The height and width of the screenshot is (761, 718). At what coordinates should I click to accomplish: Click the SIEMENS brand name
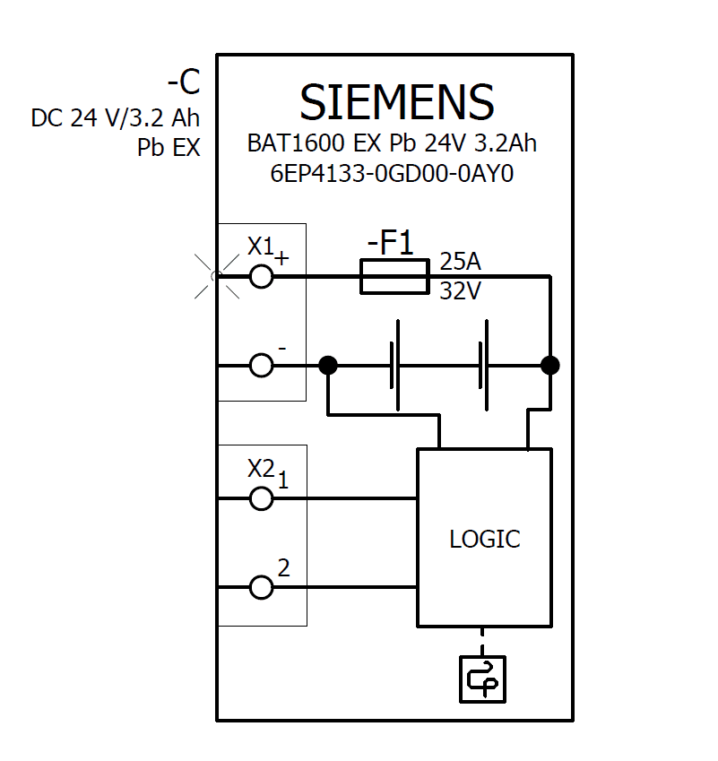click(396, 102)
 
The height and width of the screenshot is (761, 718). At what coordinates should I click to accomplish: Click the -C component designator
click(183, 83)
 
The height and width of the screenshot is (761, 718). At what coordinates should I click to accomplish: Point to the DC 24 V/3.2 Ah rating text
click(116, 118)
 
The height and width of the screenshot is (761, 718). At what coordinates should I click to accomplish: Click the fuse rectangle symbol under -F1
click(394, 276)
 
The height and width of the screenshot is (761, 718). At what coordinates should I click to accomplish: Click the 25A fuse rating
click(460, 262)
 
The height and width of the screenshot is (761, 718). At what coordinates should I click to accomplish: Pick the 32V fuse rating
click(460, 291)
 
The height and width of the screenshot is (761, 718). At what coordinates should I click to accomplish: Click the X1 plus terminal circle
click(261, 276)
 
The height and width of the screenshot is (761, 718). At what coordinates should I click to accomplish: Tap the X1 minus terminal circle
click(261, 366)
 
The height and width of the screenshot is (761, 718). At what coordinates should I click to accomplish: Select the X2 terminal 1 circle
click(261, 498)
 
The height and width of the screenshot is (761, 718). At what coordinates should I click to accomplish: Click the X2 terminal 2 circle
click(261, 588)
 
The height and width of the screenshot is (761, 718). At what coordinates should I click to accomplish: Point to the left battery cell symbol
click(394, 366)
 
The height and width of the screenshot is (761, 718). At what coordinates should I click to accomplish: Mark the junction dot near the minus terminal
click(328, 366)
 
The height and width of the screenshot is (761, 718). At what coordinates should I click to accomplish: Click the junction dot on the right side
click(549, 366)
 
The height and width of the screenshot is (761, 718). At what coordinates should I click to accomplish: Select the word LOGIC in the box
click(484, 540)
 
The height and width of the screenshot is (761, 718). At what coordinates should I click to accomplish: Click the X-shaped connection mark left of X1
click(216, 276)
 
